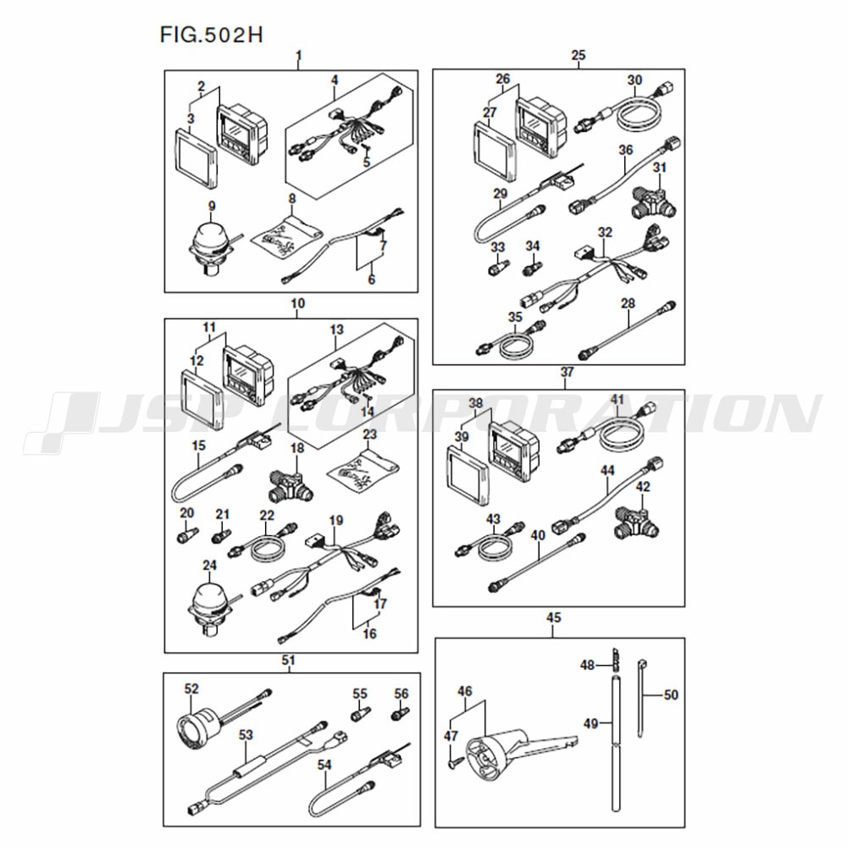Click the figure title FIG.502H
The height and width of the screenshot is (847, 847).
pos(211,35)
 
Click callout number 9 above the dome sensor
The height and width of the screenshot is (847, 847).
pos(212,206)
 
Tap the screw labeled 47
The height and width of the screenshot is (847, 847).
pos(452,763)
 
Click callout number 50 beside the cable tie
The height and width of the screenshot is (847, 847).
pos(670,695)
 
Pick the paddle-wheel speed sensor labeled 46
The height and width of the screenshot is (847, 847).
pos(518,752)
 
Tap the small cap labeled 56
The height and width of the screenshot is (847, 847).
pos(401,713)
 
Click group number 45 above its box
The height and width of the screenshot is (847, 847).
pos(554,617)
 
